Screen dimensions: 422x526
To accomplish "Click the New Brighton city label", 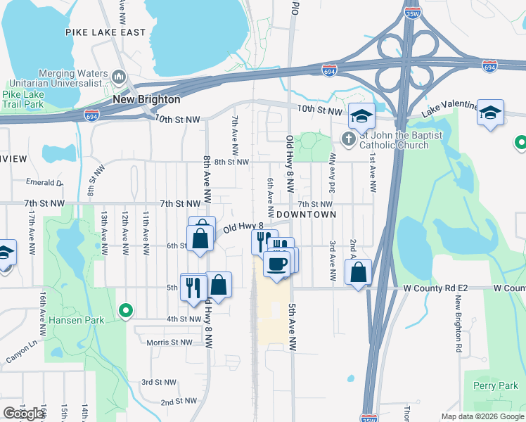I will point(146,99).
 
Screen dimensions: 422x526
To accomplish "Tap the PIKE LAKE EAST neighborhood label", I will point(105,32).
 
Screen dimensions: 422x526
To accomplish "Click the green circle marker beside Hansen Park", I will point(126,309).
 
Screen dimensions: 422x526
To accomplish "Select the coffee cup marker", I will point(276,264).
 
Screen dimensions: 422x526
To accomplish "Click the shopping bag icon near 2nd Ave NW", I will point(359,271).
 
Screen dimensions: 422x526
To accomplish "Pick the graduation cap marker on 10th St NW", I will point(362,117).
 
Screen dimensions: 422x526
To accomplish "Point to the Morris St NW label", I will point(169,343).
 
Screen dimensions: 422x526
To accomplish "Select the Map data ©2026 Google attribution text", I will point(482,417).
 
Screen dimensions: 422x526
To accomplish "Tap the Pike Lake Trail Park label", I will point(23,99).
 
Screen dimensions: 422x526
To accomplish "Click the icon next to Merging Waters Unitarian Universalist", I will point(118,75).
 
